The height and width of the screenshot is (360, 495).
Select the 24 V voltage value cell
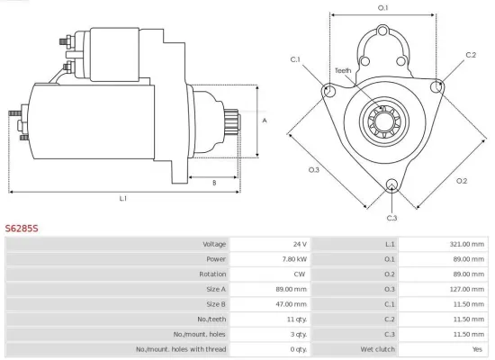(299, 244)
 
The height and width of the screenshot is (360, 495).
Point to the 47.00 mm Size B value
(291, 304)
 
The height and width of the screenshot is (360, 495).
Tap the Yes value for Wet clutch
(477, 349)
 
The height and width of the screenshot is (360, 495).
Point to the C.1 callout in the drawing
(296, 59)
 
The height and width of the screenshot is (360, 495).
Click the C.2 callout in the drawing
(471, 55)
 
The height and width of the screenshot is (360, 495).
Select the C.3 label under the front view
(391, 218)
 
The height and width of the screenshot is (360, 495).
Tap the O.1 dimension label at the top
(382, 8)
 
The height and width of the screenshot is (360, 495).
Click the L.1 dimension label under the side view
(122, 197)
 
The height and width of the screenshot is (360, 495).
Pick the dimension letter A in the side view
(264, 120)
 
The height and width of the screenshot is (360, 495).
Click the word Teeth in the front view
(343, 70)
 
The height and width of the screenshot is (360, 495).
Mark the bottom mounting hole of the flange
(391, 185)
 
